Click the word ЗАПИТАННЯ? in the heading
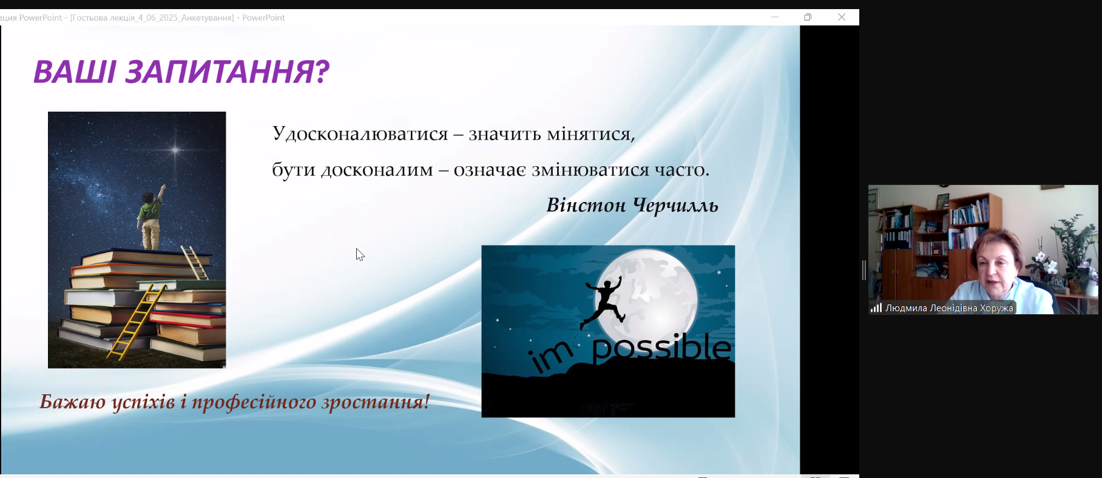pyautogui.click(x=227, y=72)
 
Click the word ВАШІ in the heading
pyautogui.click(x=74, y=72)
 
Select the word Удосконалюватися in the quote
pyautogui.click(x=360, y=133)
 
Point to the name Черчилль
pyautogui.click(x=675, y=206)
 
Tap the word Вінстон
pyautogui.click(x=586, y=205)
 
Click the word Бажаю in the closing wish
pyautogui.click(x=73, y=402)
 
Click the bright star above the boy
pyautogui.click(x=175, y=150)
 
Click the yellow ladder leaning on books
pyautogui.click(x=137, y=322)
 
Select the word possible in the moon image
pyautogui.click(x=661, y=349)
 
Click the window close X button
pyautogui.click(x=842, y=17)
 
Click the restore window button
pyautogui.click(x=808, y=17)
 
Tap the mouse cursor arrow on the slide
pyautogui.click(x=360, y=255)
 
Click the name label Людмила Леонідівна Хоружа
pyautogui.click(x=949, y=308)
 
